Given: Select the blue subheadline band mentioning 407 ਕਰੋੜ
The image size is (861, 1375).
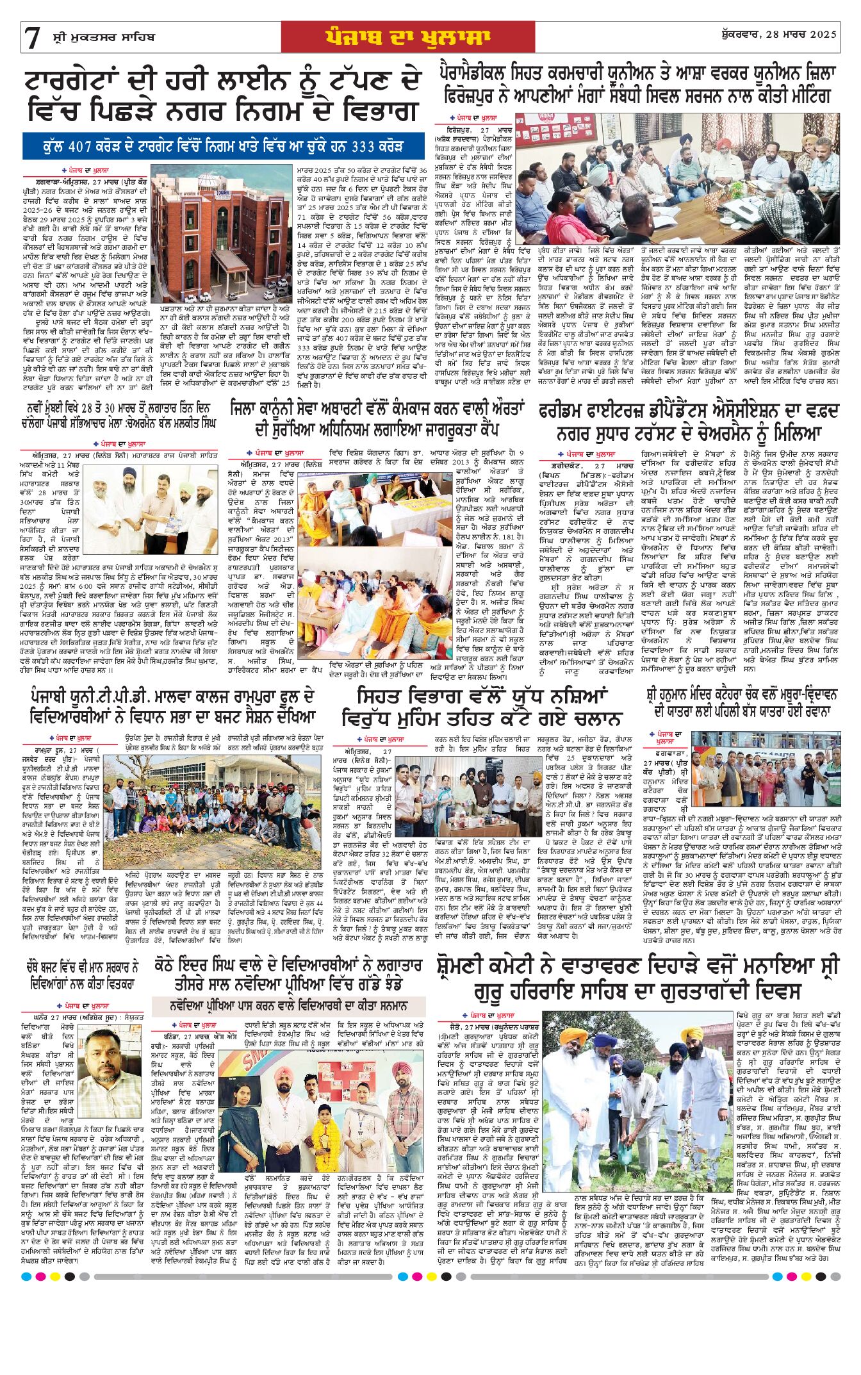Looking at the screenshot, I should [224, 145].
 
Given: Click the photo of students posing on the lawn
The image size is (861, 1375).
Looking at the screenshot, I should [215, 798].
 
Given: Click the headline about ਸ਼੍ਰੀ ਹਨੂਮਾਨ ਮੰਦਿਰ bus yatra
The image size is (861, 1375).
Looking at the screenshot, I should [742, 702].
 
